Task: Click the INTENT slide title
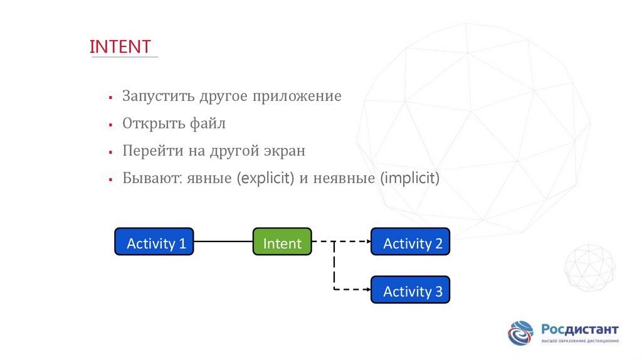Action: pos(120,47)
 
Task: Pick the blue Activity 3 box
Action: pos(411,290)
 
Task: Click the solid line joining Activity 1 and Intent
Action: pos(223,241)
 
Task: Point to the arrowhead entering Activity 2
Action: pos(367,241)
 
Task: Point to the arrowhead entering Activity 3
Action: pos(367,289)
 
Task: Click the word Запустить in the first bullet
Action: pos(158,97)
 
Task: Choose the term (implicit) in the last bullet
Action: pos(410,179)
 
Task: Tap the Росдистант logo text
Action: pos(579,329)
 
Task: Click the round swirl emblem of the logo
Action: pos(520,333)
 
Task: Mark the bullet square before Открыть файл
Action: pos(110,125)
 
